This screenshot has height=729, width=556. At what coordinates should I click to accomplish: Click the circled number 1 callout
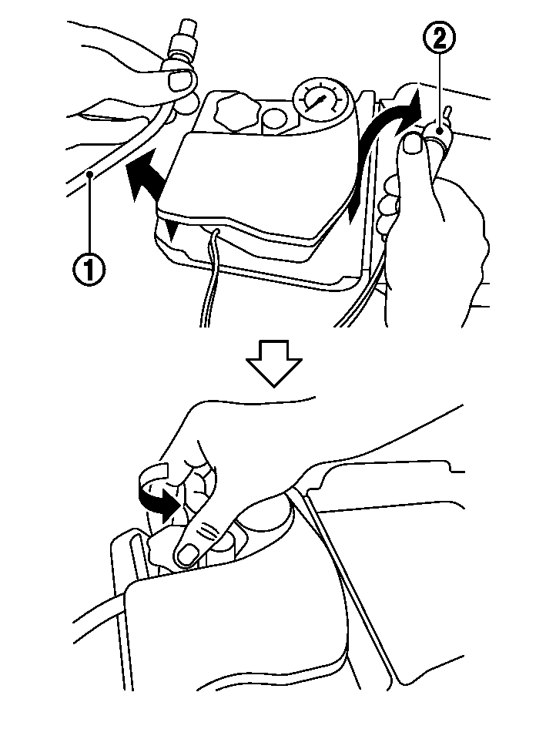(x=88, y=270)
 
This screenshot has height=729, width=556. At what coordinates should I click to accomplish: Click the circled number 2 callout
(x=439, y=38)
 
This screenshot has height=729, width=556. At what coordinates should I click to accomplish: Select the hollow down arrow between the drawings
(x=274, y=363)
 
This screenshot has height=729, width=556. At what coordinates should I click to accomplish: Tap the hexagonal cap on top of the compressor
(x=235, y=112)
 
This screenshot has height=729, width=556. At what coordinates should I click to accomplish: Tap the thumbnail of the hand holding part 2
(x=413, y=142)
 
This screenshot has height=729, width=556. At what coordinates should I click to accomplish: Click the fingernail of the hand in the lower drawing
(x=188, y=553)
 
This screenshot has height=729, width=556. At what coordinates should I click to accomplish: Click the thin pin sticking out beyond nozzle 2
(x=447, y=114)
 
